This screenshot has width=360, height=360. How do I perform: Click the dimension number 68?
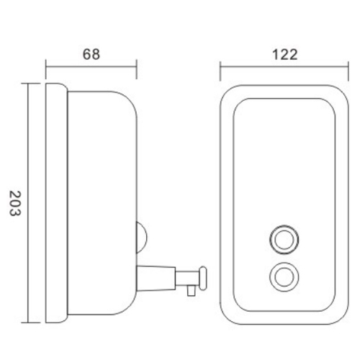point(91,55)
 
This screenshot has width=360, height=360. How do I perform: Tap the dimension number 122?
point(285,55)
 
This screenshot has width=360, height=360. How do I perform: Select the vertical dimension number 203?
point(15,204)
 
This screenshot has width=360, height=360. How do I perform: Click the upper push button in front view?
point(284,240)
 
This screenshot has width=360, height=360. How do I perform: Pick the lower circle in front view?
point(284,277)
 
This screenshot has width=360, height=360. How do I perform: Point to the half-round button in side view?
point(142,238)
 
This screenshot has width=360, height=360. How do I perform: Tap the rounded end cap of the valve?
point(203,278)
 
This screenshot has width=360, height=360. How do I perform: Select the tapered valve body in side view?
point(156,278)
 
